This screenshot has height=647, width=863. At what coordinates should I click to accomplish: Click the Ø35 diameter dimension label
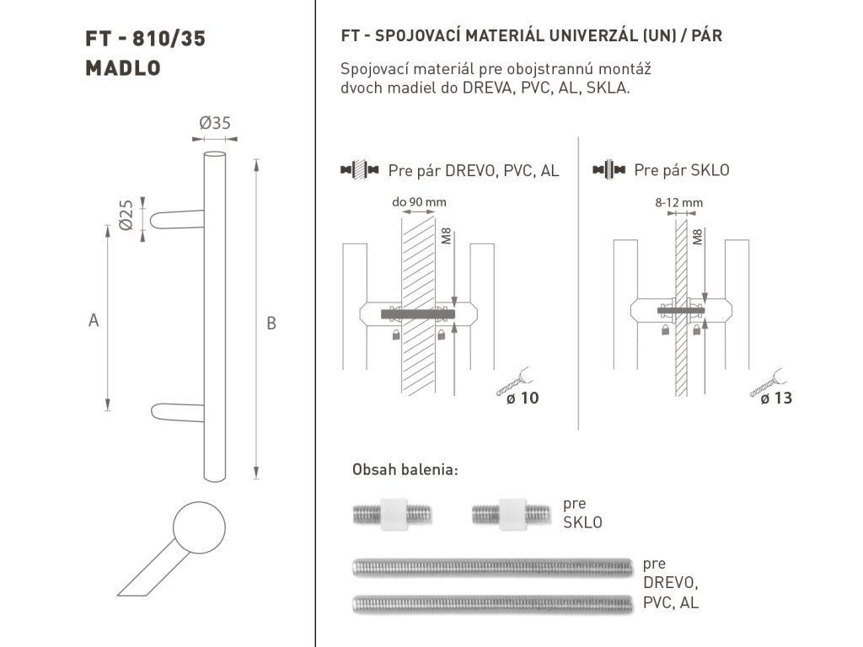215,123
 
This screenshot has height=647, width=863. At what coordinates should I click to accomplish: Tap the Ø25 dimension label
126,215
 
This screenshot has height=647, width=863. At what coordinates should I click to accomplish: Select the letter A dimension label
94,319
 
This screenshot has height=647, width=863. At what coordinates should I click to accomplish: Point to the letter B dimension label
271,323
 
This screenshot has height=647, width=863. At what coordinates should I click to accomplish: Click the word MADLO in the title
123,68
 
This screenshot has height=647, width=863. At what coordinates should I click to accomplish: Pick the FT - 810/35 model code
145,39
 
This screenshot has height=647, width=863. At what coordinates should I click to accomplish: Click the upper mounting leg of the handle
177,220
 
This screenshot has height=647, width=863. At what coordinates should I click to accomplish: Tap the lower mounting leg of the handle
177,413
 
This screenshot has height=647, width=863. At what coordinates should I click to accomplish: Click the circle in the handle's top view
199,527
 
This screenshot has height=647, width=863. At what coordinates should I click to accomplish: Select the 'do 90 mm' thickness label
419,202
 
